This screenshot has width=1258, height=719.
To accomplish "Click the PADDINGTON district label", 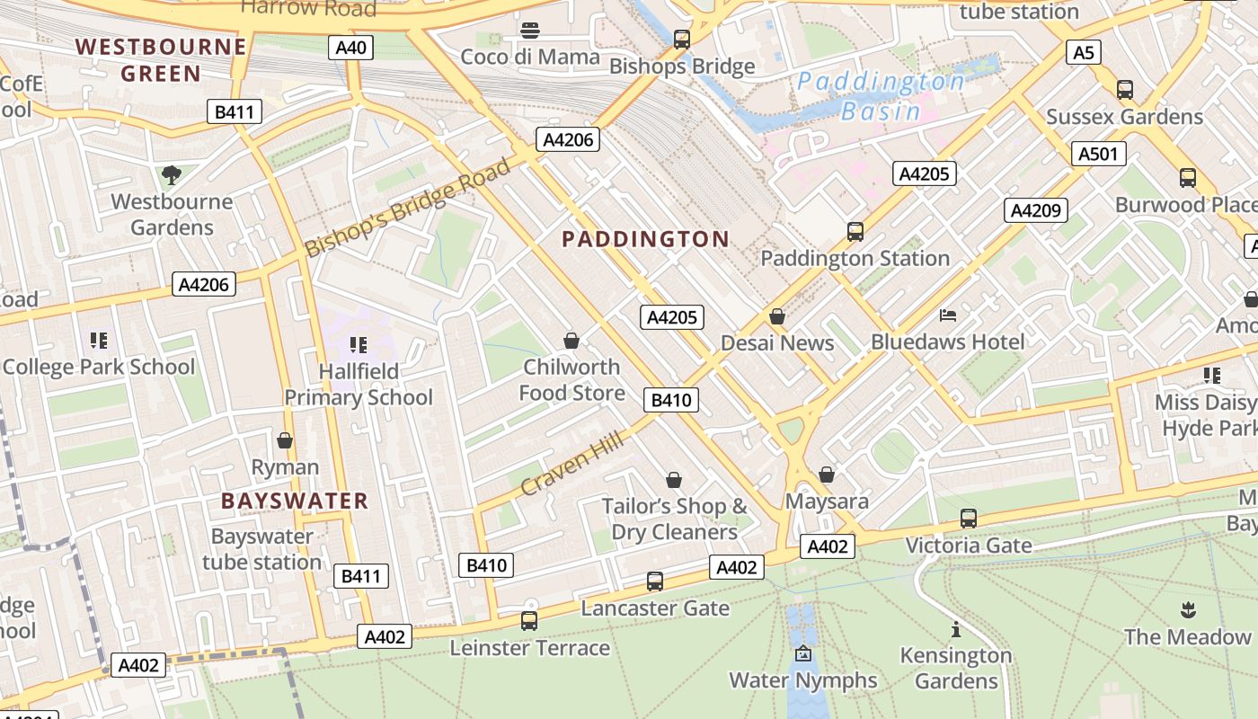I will click(x=645, y=239).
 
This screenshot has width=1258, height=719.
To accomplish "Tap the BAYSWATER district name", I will click(x=295, y=501).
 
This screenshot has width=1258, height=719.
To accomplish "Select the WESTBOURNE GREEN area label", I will click(x=161, y=59).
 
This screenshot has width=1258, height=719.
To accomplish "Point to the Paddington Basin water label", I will click(x=881, y=96).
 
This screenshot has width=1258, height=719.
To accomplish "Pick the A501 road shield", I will click(x=1098, y=154).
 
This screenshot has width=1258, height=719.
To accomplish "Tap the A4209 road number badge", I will click(x=1036, y=210).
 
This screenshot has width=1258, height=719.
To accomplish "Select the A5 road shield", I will click(x=1084, y=53).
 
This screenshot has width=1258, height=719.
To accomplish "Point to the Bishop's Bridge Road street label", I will click(x=408, y=208).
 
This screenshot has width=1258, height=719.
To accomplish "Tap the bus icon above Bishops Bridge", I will click(x=682, y=40).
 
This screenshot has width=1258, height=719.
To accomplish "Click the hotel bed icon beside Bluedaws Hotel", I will click(x=948, y=315).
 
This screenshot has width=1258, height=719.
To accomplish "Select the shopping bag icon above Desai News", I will click(x=777, y=316).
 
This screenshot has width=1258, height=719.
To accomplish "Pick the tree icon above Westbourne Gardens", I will click(x=171, y=174).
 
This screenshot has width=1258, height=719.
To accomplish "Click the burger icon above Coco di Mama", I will click(x=530, y=31).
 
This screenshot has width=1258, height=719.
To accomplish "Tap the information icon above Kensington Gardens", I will click(x=955, y=629).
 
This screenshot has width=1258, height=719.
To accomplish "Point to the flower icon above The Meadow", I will click(x=1187, y=610).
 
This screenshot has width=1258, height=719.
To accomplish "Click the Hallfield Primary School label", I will click(x=359, y=384).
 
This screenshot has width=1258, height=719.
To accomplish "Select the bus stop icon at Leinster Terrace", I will click(x=529, y=620).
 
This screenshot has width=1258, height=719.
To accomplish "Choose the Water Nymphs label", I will click(x=802, y=680).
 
